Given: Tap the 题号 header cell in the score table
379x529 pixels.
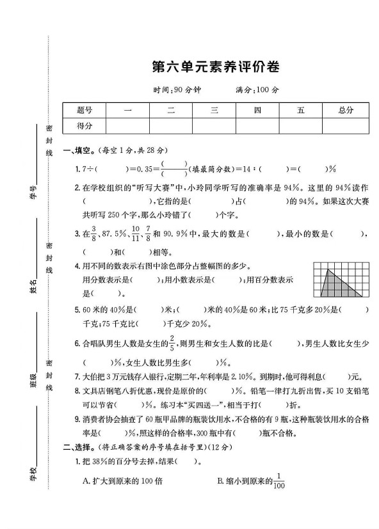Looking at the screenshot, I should coord(85,110).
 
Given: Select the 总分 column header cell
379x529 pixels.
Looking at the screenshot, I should coord(345,110).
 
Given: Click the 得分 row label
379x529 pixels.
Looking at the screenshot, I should coord(85,125).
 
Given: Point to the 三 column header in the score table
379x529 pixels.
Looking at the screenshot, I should coord(214,110).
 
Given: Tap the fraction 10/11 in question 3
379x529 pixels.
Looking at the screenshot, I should coord(134,234).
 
